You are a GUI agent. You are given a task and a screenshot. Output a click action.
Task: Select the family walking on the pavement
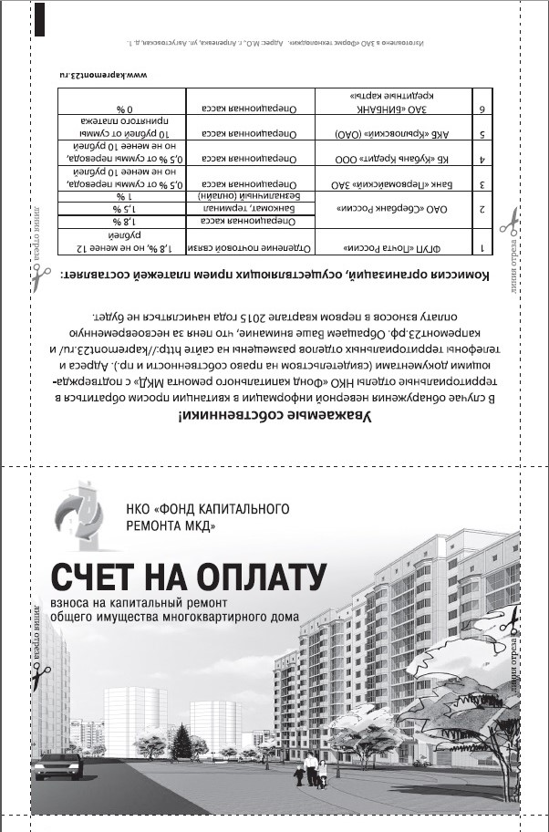point(310,772)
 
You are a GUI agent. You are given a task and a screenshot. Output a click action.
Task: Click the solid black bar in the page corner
point(39,18)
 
